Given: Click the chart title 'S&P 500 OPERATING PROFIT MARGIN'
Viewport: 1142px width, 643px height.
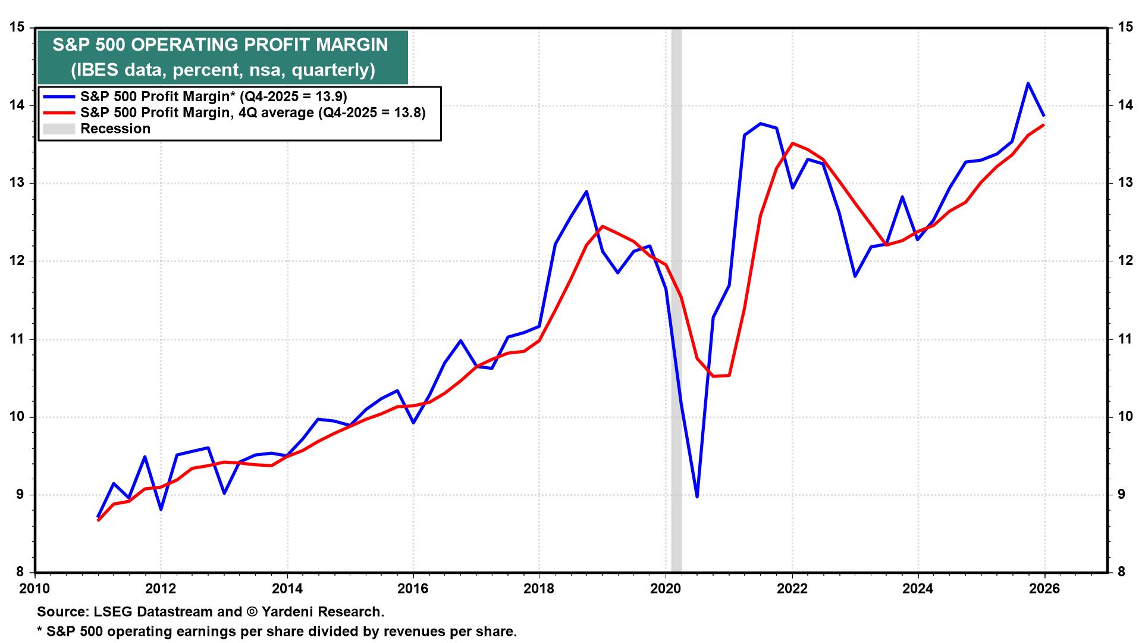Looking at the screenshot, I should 221,45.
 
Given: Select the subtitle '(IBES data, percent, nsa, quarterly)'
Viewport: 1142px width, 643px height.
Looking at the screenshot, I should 223,70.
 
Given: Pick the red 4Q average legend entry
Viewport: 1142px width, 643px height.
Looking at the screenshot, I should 253,113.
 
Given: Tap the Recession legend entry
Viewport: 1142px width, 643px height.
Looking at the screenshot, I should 115,129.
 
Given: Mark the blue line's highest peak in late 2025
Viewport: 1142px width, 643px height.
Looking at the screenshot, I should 1028,83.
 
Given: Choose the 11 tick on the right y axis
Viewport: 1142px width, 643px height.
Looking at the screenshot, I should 1124,339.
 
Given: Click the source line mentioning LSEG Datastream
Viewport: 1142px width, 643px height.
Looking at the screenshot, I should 211,611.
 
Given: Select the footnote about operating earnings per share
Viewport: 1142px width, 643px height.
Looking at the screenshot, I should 277,631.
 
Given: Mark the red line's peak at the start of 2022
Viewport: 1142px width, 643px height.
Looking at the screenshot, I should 792,143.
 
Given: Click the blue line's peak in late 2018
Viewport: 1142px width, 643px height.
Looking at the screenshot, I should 586,191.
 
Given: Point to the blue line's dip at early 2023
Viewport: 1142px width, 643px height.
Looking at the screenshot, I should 855,276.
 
